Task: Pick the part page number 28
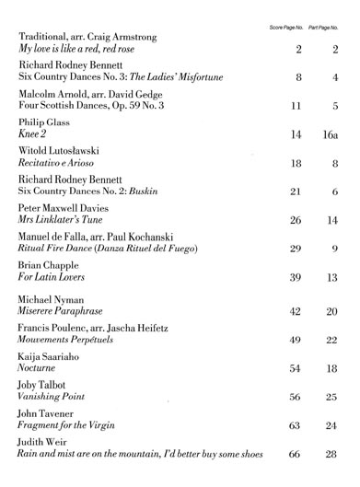pos(333,455)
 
